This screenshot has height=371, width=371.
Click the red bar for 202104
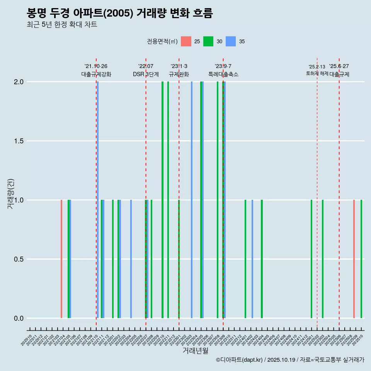(x=61, y=259)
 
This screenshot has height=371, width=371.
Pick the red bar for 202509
(x=354, y=259)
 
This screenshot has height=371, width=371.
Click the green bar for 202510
(x=361, y=259)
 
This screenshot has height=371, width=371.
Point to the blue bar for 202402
(x=252, y=259)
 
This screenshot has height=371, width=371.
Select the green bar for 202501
(x=311, y=259)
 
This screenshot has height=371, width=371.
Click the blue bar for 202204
(x=131, y=259)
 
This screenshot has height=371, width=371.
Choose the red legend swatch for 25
(x=186, y=41)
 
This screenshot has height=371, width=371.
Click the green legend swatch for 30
(x=208, y=41)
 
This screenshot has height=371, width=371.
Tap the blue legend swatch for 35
(x=231, y=41)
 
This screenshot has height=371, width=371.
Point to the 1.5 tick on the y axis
(x=18, y=141)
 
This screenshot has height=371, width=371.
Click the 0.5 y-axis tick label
(x=18, y=259)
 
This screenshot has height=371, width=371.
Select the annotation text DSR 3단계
(x=146, y=74)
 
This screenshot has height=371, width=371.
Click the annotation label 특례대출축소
(x=223, y=74)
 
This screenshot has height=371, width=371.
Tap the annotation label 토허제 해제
(x=317, y=73)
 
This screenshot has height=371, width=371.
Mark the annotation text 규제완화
(x=179, y=74)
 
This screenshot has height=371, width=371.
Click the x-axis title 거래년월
(x=195, y=351)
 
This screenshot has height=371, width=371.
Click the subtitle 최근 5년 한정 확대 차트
(x=62, y=25)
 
